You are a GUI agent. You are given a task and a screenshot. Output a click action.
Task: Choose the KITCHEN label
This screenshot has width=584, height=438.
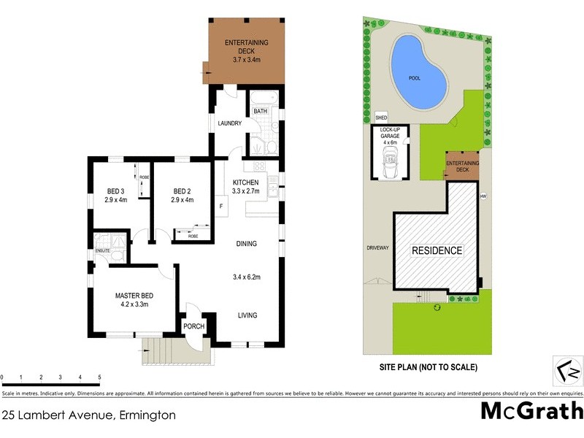pos(246,182)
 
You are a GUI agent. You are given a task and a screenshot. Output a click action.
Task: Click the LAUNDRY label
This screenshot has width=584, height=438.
pos(229,123)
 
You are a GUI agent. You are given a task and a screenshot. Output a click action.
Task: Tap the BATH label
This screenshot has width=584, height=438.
pos(260,111)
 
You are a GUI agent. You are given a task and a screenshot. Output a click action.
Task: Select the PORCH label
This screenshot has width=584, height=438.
pos(193,326)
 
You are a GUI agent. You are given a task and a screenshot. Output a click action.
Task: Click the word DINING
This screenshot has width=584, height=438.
pos(246,244)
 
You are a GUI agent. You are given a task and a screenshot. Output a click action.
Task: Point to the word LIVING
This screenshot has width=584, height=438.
pos(247,315)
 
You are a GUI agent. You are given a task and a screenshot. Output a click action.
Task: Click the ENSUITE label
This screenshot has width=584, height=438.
pos(102,252)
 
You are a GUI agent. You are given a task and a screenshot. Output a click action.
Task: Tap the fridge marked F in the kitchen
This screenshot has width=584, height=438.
pos(220,207)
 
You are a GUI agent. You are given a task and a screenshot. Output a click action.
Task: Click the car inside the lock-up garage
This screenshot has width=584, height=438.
pos(391,161)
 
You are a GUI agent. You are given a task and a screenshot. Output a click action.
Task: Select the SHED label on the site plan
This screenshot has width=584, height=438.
pos(380,117)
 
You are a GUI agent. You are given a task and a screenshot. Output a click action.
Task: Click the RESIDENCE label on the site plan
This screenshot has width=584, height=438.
pos(437,250)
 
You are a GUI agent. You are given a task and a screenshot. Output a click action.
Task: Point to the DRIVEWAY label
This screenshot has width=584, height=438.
pos(377,248)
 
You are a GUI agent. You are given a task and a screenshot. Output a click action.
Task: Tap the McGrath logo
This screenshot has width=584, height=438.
pos(531,410)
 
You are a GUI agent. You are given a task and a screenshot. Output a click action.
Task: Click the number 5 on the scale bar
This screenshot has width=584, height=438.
pos(99,377)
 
